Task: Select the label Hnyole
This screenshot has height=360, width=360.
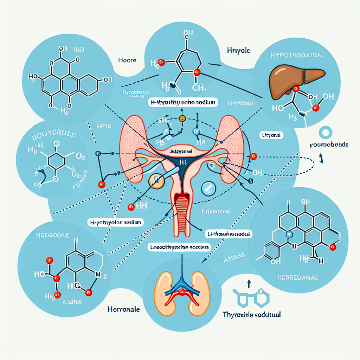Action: pos(239,51)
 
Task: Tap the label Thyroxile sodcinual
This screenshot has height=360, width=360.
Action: pos(252,315)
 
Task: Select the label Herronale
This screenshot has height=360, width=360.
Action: pos(123,309)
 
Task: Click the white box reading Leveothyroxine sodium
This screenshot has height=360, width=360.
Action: pos(178,247)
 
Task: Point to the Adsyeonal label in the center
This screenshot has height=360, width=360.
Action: pos(182,150)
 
